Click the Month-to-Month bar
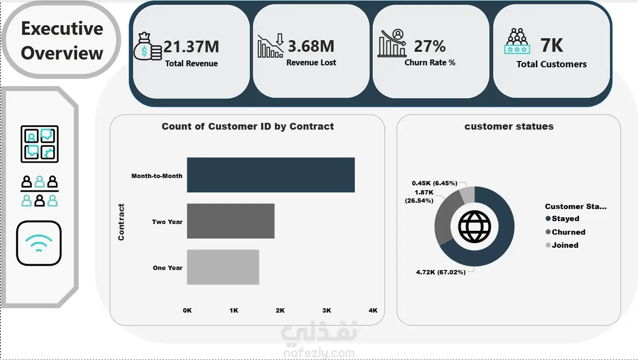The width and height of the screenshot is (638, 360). [271, 175]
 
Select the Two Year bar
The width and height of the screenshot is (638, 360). [231, 221]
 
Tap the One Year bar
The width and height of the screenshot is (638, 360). [223, 267]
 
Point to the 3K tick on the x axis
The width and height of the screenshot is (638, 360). [327, 311]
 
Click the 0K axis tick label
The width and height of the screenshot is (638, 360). [187, 311]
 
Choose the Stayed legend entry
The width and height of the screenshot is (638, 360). [562, 218]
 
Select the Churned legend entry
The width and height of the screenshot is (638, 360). [565, 232]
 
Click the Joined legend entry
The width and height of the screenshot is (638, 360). [562, 245]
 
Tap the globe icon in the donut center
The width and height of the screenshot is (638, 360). [474, 227]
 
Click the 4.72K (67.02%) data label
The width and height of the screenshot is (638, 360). [441, 272]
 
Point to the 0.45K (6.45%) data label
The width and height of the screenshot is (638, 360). [435, 183]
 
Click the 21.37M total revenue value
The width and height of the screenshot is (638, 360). [191, 46]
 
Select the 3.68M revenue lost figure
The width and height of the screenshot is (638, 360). [311, 46]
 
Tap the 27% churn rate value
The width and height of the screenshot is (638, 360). [430, 46]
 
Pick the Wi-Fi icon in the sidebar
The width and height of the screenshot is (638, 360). [39, 243]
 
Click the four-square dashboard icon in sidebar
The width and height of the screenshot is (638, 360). [40, 144]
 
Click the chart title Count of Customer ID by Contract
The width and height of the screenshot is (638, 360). [248, 126]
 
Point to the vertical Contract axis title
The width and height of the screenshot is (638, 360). [121, 222]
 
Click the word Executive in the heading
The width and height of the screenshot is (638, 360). [62, 28]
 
